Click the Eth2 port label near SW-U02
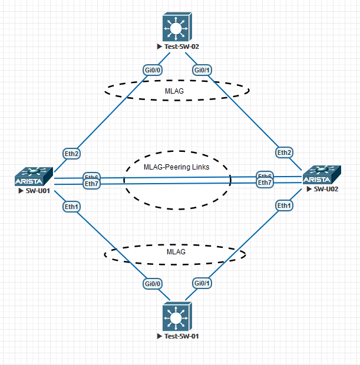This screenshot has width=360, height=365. [x=285, y=153]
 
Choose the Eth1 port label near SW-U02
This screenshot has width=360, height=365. [x=285, y=205]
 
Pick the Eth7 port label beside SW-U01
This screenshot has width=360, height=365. [x=91, y=184]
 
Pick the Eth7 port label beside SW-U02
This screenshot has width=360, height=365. [x=265, y=182]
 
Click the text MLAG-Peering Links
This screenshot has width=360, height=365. [x=176, y=167]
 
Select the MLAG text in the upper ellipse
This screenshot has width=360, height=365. [x=176, y=91]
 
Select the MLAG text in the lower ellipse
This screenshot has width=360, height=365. [x=176, y=251]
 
